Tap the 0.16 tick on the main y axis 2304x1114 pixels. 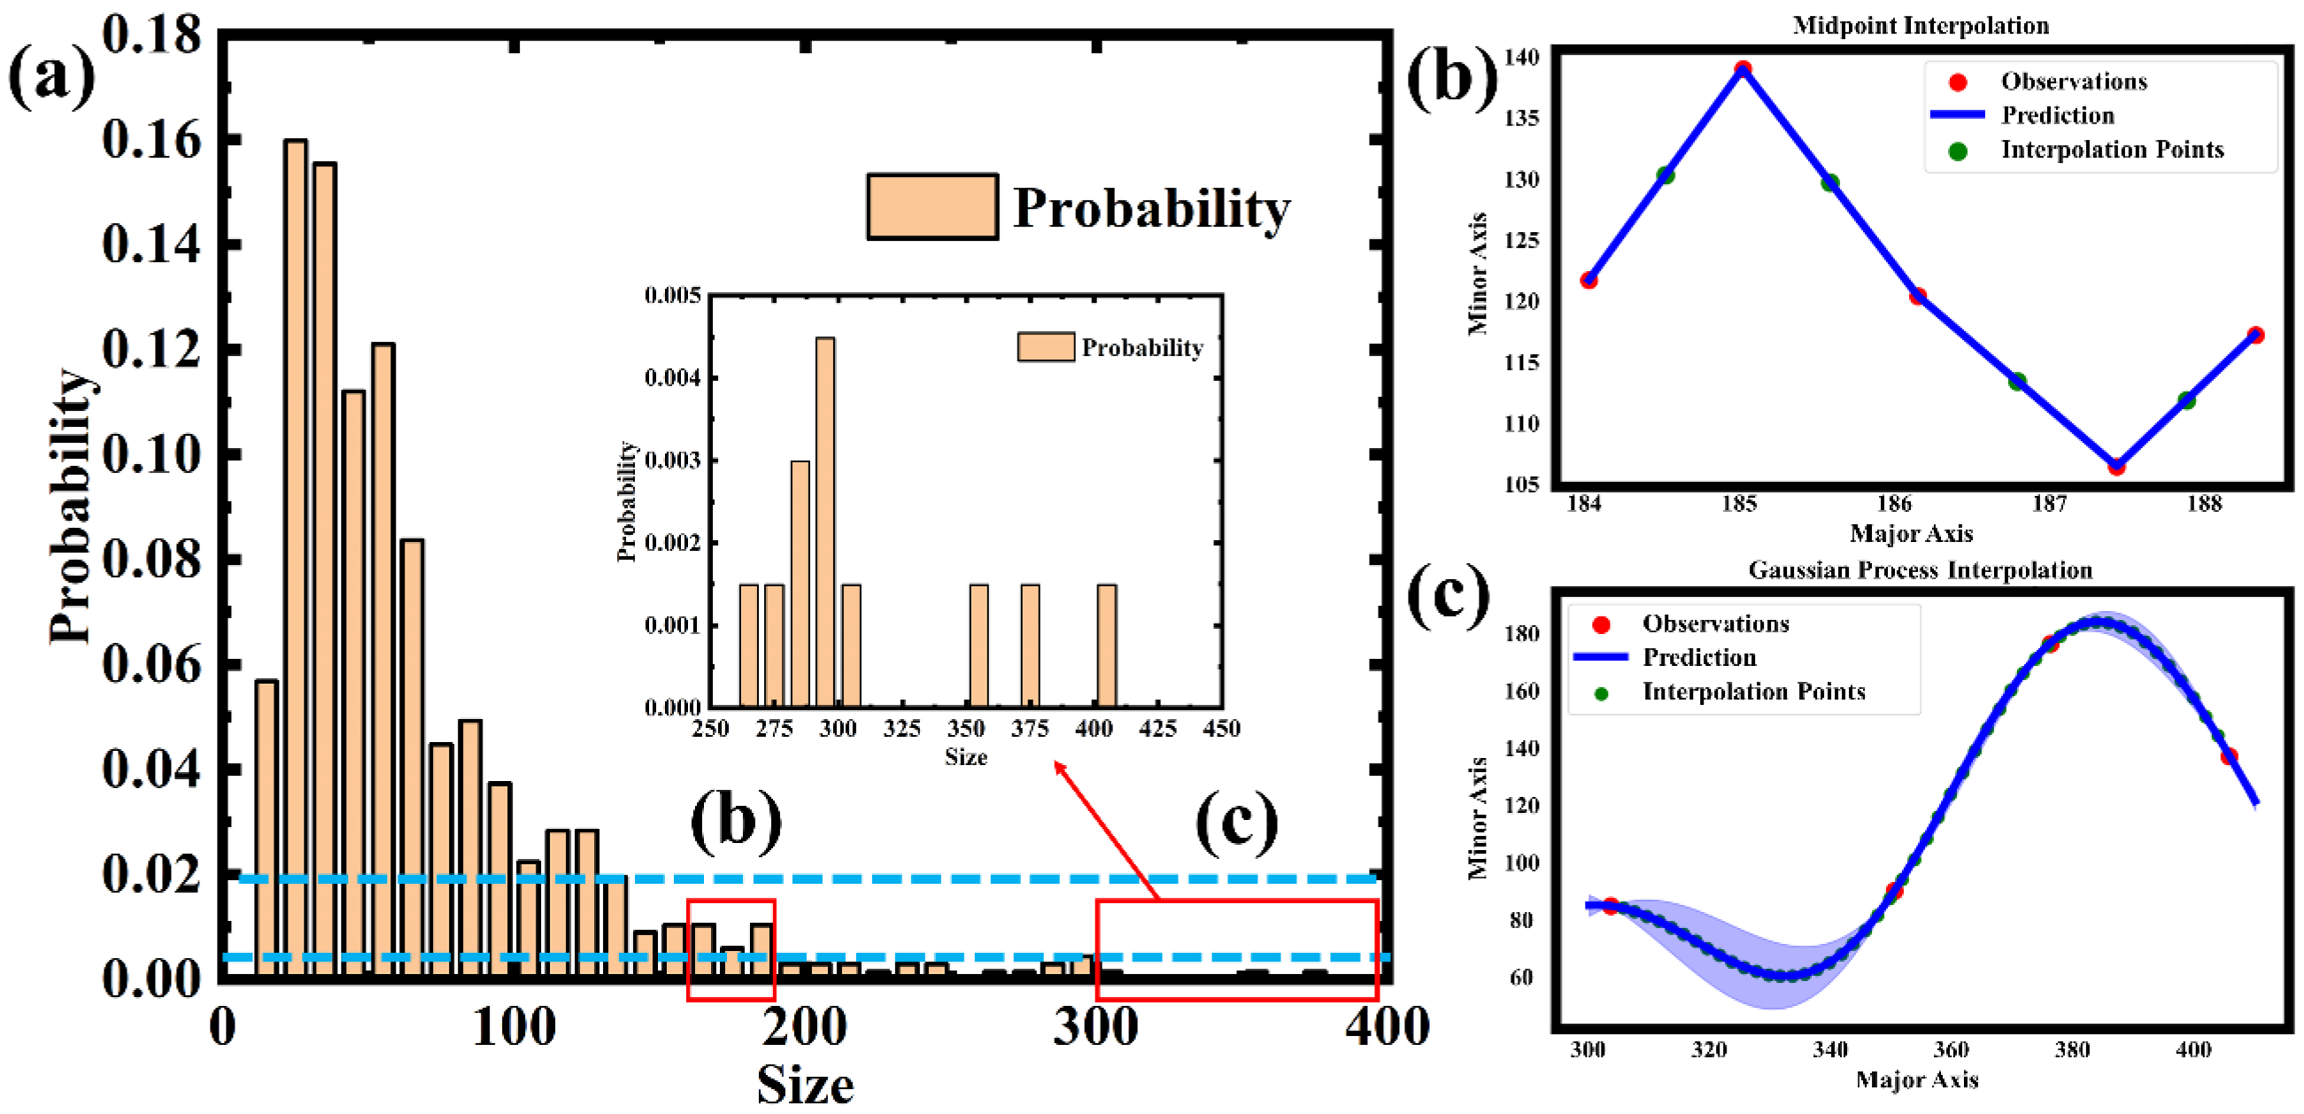[x=151, y=141]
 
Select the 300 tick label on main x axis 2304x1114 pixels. [x=1094, y=1027]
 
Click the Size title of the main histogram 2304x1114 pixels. [x=805, y=1086]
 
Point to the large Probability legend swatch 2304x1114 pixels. [x=932, y=206]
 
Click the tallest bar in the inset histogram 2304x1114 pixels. [x=825, y=522]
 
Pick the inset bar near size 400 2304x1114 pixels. [x=1106, y=646]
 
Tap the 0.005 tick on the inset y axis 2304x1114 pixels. [x=672, y=295]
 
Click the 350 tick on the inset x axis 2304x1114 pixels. [x=966, y=728]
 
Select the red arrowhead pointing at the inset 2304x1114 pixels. [x=1060, y=767]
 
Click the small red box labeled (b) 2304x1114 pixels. [x=731, y=949]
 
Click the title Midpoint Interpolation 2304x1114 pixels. [x=1921, y=25]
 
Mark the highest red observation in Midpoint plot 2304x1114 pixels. [x=1743, y=69]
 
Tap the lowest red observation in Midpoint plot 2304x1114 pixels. [x=2116, y=467]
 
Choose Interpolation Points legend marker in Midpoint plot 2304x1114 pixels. [x=1957, y=151]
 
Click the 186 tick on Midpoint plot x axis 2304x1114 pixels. [x=1893, y=504]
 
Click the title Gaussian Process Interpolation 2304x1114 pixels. [x=1920, y=570]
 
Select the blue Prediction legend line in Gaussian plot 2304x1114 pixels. [x=1600, y=658]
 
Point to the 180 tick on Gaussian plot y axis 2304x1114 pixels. [x=1522, y=633]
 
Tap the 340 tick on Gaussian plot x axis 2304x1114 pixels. [x=1830, y=1049]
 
